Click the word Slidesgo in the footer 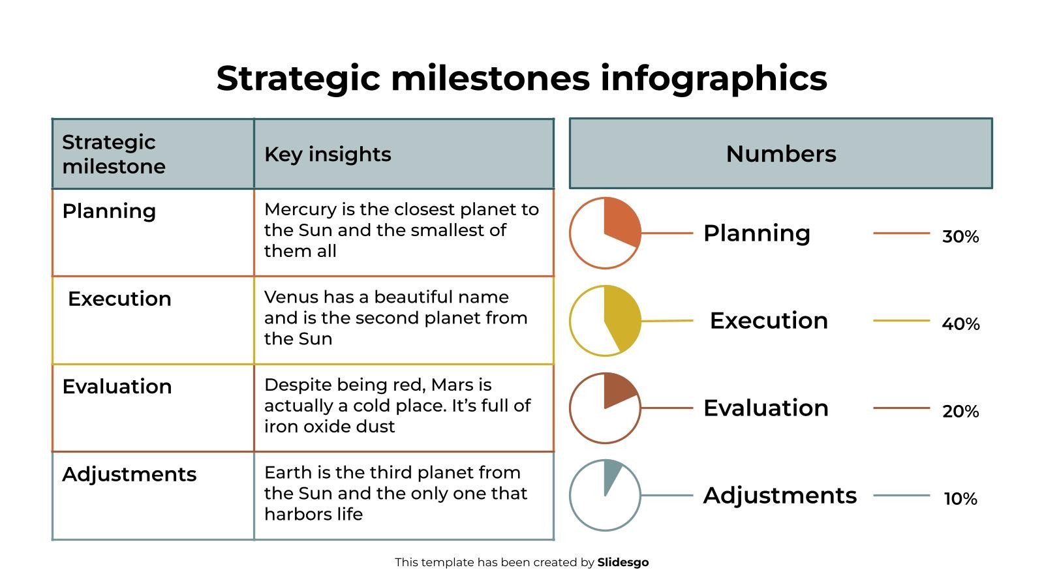click(622, 562)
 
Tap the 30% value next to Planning click(960, 237)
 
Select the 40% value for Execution click(960, 324)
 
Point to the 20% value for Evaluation click(960, 412)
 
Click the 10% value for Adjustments click(960, 499)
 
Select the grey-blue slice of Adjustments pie click(611, 474)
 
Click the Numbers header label click(780, 154)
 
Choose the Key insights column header click(328, 155)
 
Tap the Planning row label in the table click(109, 211)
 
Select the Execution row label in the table click(119, 299)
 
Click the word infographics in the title click(713, 79)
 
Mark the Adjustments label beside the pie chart click(780, 496)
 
